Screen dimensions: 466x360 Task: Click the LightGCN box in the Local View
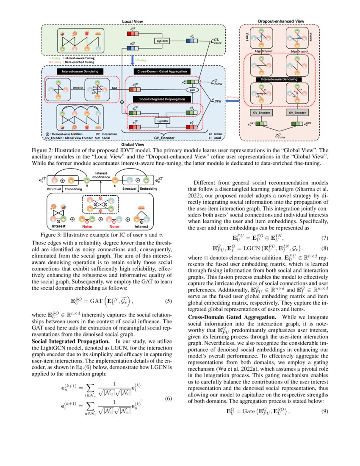(161, 41)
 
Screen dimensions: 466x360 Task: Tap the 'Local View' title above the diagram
(133, 21)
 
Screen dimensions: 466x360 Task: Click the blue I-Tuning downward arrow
(133, 60)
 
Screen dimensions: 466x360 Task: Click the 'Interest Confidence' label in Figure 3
(101, 175)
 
